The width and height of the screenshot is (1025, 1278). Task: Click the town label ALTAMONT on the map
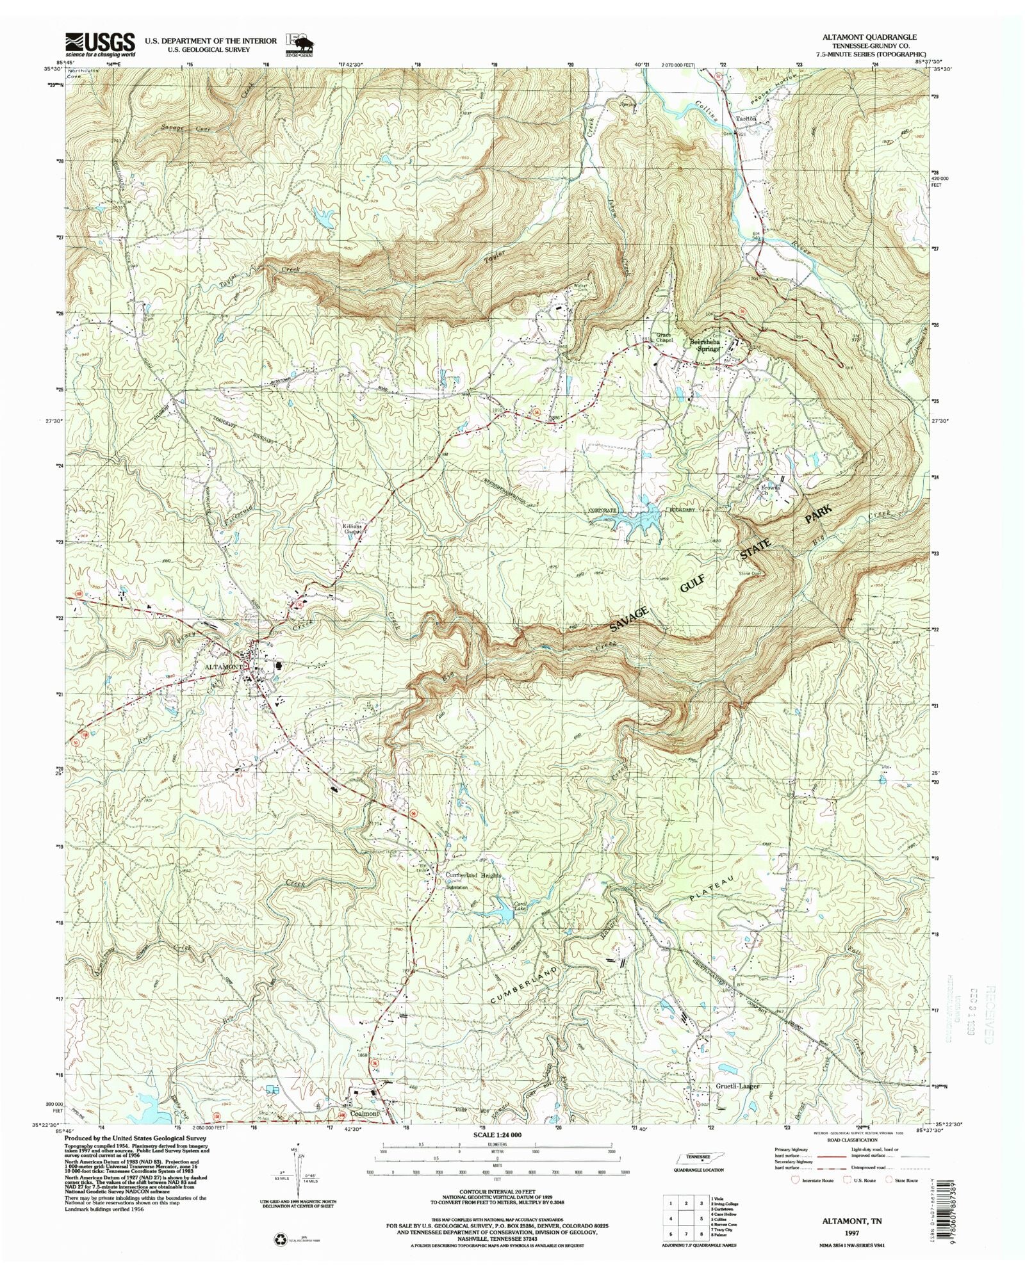coord(224,667)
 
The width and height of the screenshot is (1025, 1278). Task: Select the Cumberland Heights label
coord(473,875)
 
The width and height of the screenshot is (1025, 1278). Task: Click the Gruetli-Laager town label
coord(737,1087)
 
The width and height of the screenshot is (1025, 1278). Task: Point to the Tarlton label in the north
coord(746,118)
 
